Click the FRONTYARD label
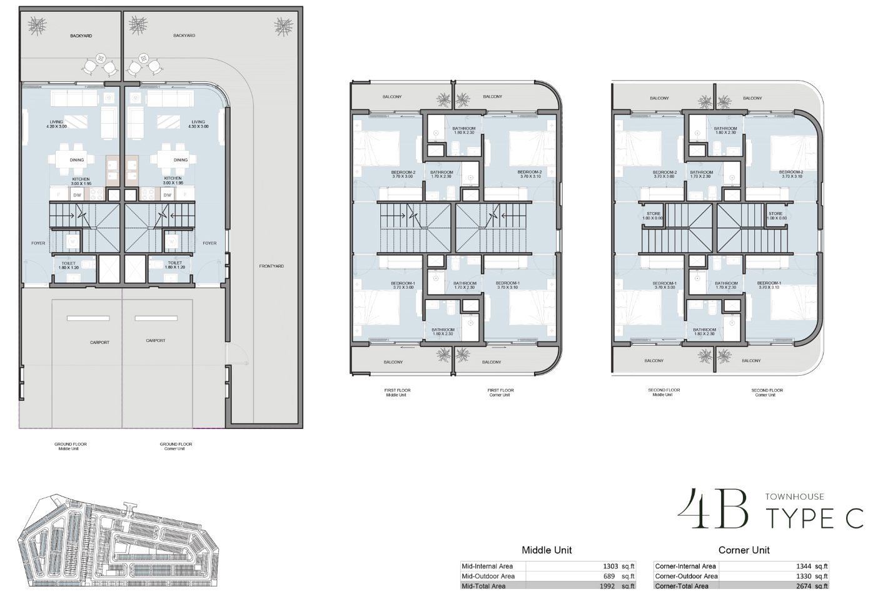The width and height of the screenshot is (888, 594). (271, 266)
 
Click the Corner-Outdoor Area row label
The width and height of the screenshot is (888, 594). (686, 576)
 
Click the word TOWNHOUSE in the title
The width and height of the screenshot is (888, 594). (794, 496)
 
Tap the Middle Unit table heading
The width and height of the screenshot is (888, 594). (547, 550)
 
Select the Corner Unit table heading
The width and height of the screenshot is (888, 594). (744, 550)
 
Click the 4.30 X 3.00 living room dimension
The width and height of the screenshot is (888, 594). (198, 126)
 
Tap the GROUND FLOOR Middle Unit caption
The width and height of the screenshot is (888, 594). (71, 446)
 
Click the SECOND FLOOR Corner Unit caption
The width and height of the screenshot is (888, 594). (767, 392)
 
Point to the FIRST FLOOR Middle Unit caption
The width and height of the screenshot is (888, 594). (397, 392)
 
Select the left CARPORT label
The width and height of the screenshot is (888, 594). (99, 342)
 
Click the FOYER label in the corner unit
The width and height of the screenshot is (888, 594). (209, 243)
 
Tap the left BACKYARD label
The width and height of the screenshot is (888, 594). (81, 36)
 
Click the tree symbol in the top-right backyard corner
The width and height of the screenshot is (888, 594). (283, 26)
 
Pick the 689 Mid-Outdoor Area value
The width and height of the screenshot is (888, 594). (610, 576)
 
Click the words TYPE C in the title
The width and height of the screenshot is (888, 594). (815, 518)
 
